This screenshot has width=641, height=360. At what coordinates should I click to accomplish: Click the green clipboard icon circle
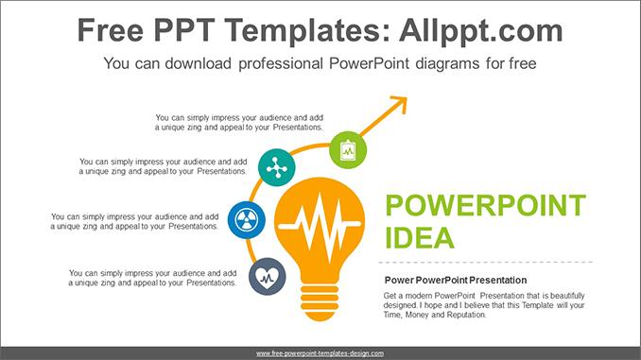coord(348,150)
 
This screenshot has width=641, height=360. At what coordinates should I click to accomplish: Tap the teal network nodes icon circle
coord(277,167)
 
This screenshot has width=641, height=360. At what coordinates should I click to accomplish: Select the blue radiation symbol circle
coord(247,220)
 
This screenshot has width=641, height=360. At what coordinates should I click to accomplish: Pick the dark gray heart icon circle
coord(268,277)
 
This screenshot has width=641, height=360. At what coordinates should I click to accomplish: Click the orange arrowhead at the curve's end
coord(400,104)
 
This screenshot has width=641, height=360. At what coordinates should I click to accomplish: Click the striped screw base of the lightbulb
coord(320,302)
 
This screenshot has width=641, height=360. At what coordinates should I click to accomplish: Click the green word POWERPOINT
coord(486,205)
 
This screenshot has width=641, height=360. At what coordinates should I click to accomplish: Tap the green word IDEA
coord(420,238)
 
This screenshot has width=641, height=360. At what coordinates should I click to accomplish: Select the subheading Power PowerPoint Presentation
coord(456,281)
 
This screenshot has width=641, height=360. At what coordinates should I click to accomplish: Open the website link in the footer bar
coord(320,353)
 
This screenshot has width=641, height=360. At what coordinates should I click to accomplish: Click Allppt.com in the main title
coord(481,30)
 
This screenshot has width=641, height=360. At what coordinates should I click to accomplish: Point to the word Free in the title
coord(111,30)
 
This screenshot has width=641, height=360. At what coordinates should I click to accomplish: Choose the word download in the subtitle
coord(199,63)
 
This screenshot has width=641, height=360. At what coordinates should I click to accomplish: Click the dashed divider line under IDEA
coord(486,262)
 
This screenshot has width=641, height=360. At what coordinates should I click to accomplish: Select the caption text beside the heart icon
coord(152,278)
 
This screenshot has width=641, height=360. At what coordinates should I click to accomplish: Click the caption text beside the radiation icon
coord(134,221)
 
